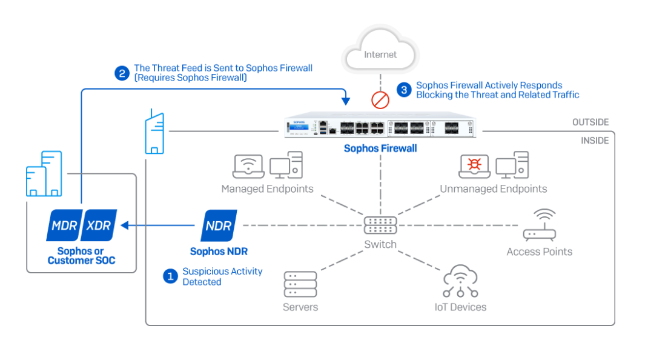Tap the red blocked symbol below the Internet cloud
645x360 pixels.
coord(380,99)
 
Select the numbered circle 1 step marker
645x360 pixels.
coord(170,276)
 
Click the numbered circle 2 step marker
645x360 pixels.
coord(122,74)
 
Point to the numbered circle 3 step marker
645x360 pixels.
coord(404,90)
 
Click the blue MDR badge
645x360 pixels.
coord(64,225)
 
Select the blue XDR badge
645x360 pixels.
coord(99,225)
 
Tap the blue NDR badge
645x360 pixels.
coord(219,225)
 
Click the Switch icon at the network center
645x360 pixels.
coord(380,225)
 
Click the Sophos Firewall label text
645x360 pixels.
coord(380,148)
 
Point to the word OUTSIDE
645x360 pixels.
coord(590,122)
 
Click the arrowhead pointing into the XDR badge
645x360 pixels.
coord(125,225)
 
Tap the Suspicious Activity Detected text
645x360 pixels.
coord(222,276)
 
